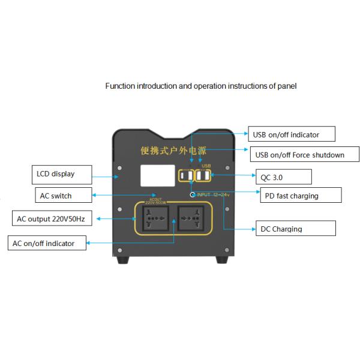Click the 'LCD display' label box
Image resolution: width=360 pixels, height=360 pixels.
click(x=62, y=175)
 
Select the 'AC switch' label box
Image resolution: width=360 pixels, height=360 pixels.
click(x=62, y=195)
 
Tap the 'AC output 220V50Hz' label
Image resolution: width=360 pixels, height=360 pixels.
click(x=53, y=218)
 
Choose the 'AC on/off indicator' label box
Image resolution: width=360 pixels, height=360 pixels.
click(x=47, y=243)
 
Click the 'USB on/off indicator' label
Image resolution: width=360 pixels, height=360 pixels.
click(x=292, y=134)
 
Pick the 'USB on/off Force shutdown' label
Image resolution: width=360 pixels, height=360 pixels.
click(x=299, y=155)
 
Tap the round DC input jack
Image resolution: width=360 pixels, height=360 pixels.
click(x=193, y=194)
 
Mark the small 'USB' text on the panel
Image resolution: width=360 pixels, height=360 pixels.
click(x=206, y=165)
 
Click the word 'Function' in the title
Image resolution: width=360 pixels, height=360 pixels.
click(x=120, y=86)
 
